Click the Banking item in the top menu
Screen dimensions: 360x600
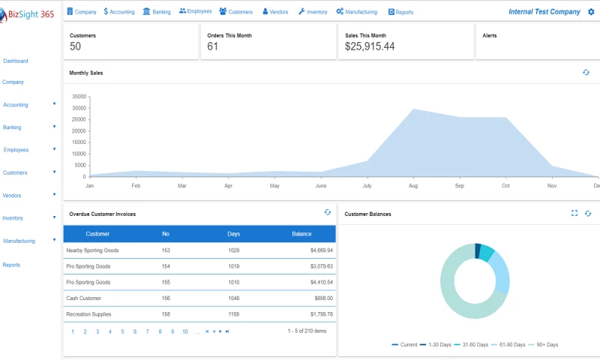pyautogui.click(x=157, y=12)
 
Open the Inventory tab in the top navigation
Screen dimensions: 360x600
pyautogui.click(x=313, y=12)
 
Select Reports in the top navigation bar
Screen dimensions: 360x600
pyautogui.click(x=400, y=12)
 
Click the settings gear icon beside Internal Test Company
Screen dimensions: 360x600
pyautogui.click(x=591, y=12)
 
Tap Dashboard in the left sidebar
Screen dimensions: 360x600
pyautogui.click(x=16, y=61)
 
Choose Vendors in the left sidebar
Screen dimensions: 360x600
pyautogui.click(x=12, y=195)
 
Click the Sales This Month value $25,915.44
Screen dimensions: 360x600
pyautogui.click(x=370, y=46)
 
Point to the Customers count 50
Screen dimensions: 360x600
pyautogui.click(x=76, y=46)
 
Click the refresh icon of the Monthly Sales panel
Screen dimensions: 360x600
pyautogui.click(x=586, y=73)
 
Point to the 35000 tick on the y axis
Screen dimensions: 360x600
pyautogui.click(x=79, y=97)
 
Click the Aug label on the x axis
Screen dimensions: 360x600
pyautogui.click(x=413, y=185)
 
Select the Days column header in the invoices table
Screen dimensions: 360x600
pyautogui.click(x=234, y=234)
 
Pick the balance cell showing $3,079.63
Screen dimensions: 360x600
pyautogui.click(x=320, y=266)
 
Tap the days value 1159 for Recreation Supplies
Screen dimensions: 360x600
pyautogui.click(x=234, y=314)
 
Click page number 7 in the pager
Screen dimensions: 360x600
pyautogui.click(x=147, y=331)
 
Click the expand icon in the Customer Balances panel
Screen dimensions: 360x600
pyautogui.click(x=574, y=214)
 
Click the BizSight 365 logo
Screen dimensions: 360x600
pyautogui.click(x=27, y=15)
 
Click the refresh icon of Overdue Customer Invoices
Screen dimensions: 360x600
pyautogui.click(x=328, y=213)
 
